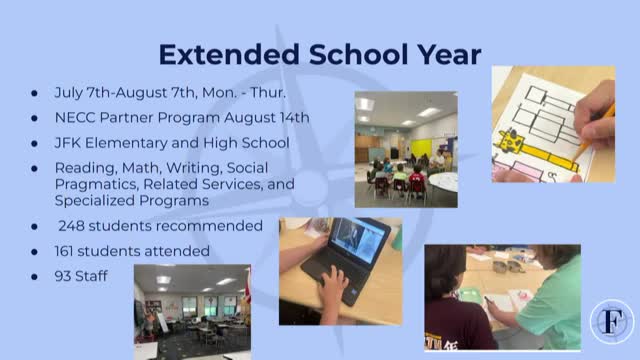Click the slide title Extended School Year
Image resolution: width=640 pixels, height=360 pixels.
[320, 53]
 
